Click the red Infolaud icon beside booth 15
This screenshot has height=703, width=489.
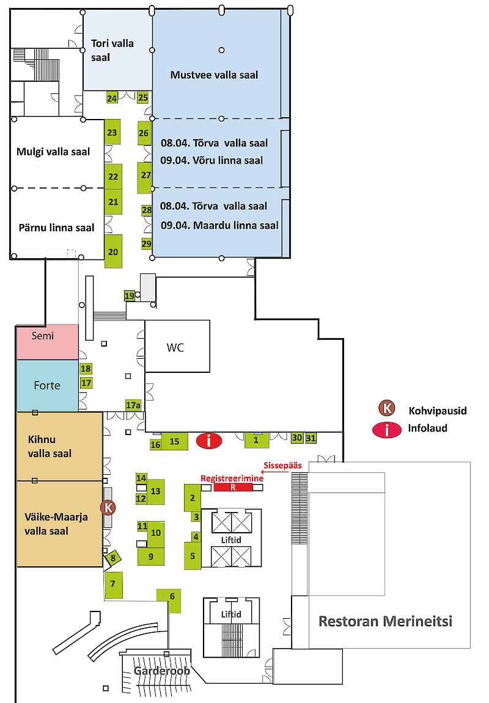(x=209, y=440)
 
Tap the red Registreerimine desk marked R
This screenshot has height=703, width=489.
(x=232, y=488)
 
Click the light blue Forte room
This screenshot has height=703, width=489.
(x=48, y=385)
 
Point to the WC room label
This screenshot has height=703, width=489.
(x=175, y=348)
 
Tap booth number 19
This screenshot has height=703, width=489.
(x=129, y=296)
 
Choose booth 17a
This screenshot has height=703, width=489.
(x=133, y=405)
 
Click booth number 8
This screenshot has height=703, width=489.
(x=113, y=557)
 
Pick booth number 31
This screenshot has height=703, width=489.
(x=311, y=438)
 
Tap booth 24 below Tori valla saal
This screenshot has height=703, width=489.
(x=112, y=98)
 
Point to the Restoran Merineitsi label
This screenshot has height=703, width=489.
(x=385, y=621)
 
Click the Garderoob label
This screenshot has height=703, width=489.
(x=162, y=671)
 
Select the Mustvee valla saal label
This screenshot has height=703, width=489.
(x=214, y=75)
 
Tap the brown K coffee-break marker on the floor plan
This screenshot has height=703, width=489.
(x=108, y=507)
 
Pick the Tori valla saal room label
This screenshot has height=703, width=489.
(x=112, y=49)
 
